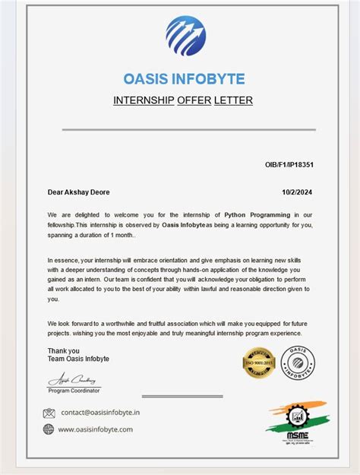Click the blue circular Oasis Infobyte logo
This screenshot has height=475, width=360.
(185, 36)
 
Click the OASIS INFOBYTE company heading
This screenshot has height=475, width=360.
(184, 78)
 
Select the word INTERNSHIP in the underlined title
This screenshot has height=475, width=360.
(143, 100)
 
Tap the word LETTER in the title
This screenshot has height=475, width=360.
(233, 100)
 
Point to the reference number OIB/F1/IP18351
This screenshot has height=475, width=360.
(289, 164)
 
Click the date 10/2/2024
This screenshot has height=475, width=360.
(298, 193)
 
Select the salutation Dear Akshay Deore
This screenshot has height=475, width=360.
(78, 193)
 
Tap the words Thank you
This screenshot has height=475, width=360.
(63, 350)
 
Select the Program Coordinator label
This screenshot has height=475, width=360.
(74, 390)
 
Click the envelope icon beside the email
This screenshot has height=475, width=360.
(49, 413)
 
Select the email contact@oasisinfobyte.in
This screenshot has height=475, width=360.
(100, 413)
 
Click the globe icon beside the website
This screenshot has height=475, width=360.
(49, 429)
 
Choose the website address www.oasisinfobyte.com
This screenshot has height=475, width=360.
(96, 429)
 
